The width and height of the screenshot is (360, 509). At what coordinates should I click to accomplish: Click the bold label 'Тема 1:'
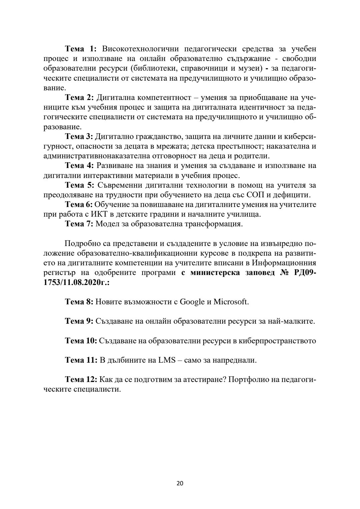[x=80, y=49]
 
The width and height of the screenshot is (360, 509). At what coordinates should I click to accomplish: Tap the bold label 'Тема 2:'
[x=80, y=98]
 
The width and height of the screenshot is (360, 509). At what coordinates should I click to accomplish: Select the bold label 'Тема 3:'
[x=80, y=137]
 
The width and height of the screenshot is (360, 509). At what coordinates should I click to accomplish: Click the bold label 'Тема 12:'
[x=81, y=380]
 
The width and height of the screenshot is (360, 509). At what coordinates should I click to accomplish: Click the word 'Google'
[x=192, y=302]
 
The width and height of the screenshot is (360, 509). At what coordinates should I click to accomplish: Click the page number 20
[x=180, y=483]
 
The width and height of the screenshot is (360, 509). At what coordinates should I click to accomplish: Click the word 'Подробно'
[x=81, y=244]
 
